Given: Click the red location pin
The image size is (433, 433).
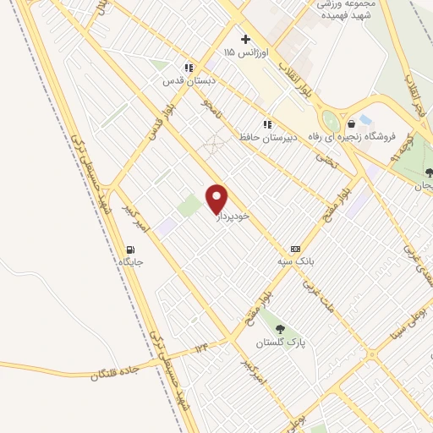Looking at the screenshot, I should [217, 198].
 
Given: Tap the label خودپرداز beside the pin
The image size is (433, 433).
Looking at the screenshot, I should [233, 216].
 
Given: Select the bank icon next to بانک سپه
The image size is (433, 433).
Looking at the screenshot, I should [295, 249].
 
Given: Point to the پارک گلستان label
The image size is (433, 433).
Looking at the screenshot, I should [281, 343].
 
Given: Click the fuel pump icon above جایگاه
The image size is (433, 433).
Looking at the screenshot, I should [130, 249].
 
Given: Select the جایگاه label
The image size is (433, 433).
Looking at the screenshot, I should [130, 262].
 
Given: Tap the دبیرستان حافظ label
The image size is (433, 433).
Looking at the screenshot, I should [266, 136].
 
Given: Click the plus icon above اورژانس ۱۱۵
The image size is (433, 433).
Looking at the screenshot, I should [245, 39].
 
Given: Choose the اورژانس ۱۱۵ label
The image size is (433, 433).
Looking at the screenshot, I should [245, 52].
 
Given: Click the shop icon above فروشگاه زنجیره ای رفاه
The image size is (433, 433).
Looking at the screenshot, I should [364, 119].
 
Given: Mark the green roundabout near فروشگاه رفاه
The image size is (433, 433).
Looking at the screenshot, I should [331, 121].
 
